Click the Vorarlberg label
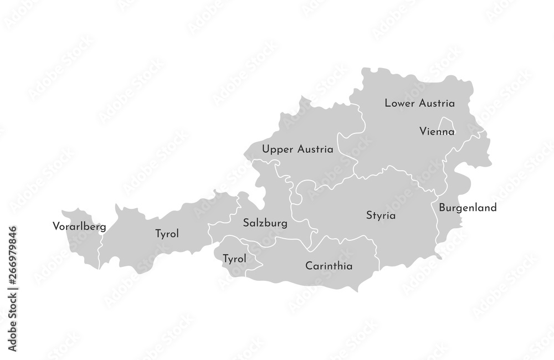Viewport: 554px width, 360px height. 79,226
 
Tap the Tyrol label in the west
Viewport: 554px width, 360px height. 167,234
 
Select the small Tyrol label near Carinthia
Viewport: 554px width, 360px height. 234,258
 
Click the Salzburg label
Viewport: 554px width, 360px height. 265,224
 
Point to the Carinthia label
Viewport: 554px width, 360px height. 329,266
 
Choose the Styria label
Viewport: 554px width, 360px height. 381,215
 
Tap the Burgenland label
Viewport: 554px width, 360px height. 468,208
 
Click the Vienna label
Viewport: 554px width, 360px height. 437,132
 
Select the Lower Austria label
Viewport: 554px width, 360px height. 419,103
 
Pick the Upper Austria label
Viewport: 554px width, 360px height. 297,149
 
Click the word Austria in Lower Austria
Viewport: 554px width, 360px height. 437,103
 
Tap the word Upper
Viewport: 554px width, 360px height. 276,149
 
